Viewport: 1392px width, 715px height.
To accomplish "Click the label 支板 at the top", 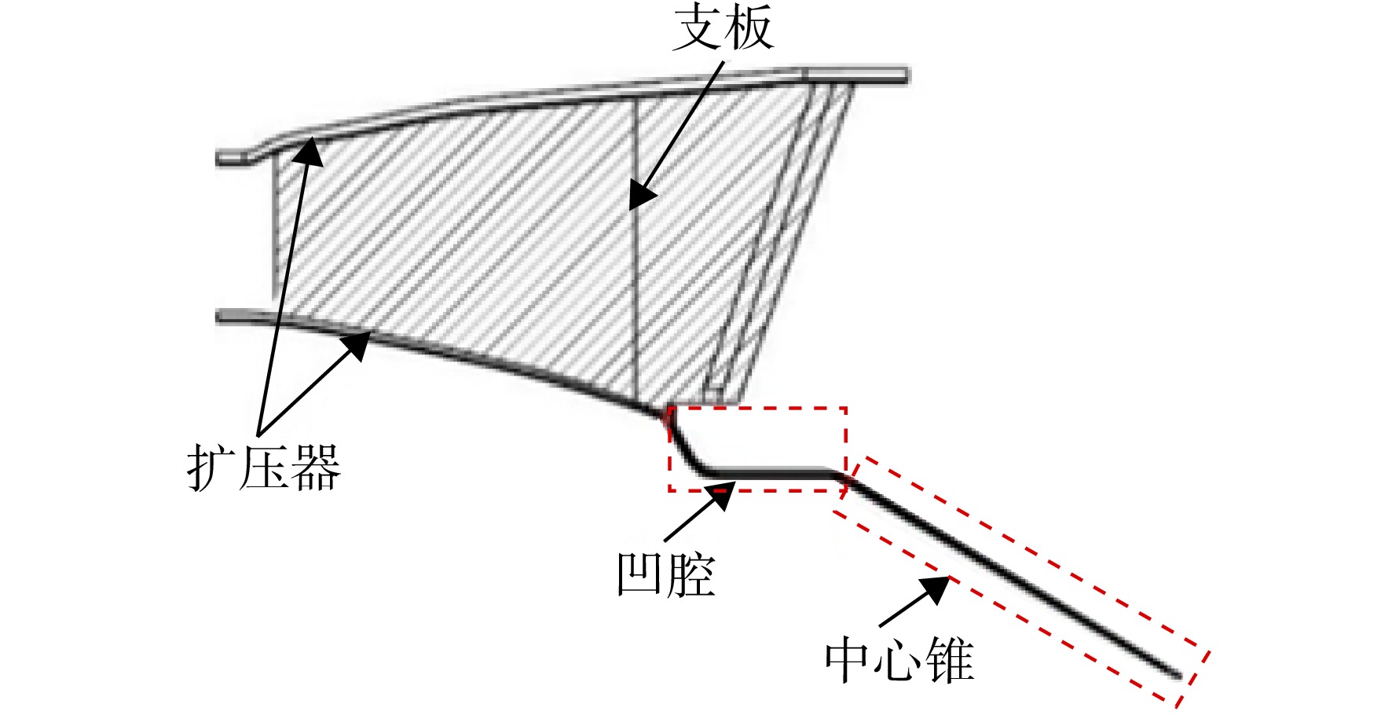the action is tap(723, 27).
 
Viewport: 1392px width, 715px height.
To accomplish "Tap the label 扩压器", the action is tap(264, 467).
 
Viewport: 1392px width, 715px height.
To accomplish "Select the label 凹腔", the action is tap(665, 574).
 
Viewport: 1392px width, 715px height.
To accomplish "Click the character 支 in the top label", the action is tap(698, 27).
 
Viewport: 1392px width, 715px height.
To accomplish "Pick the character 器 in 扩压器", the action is tap(316, 467).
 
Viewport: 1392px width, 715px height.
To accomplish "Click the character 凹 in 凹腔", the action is tap(640, 574).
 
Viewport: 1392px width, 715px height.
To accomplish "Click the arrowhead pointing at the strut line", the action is tap(641, 193).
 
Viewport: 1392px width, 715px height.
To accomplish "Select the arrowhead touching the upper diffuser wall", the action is tap(309, 152).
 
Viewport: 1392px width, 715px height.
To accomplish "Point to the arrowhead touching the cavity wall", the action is tap(722, 495).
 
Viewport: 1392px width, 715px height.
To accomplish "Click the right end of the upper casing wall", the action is tap(907, 75).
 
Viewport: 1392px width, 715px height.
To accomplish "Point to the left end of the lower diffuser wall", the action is tap(220, 317).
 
